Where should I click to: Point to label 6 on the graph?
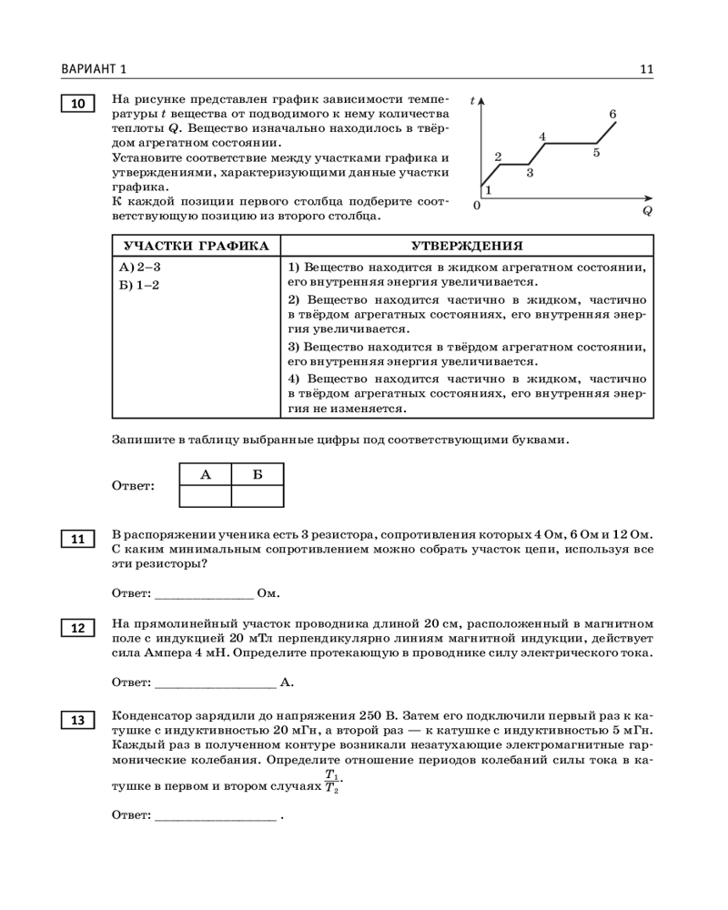pyautogui.click(x=613, y=114)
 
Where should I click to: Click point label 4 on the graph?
pyautogui.click(x=542, y=136)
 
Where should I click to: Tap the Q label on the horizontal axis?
pyautogui.click(x=647, y=209)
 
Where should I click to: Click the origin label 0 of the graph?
pyautogui.click(x=476, y=207)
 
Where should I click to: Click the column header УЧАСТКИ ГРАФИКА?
pyautogui.click(x=197, y=246)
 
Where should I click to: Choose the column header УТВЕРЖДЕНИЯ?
pyautogui.click(x=467, y=246)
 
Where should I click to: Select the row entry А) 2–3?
pyautogui.click(x=140, y=268)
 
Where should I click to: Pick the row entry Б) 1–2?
pyautogui.click(x=139, y=285)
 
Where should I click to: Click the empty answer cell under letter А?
pyautogui.click(x=206, y=496)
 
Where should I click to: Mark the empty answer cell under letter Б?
pyautogui.click(x=258, y=496)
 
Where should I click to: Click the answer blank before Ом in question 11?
pyautogui.click(x=205, y=593)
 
